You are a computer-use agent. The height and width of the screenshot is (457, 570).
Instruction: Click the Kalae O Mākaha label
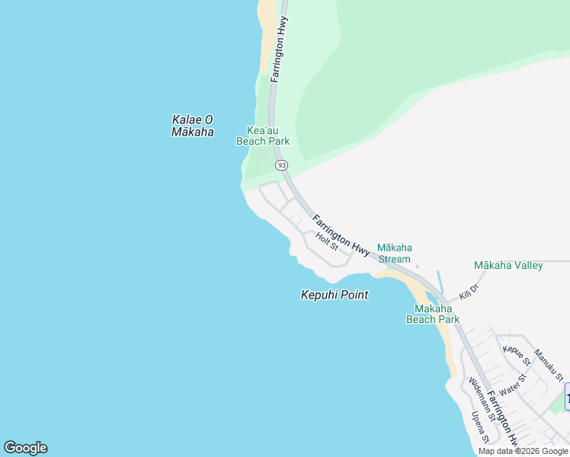pos(192,126)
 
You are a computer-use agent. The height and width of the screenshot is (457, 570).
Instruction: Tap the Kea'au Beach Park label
pos(263,136)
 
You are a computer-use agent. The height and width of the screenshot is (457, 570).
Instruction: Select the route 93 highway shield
pos(282,165)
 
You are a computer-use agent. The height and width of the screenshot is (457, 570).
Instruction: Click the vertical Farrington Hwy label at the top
pos(280,45)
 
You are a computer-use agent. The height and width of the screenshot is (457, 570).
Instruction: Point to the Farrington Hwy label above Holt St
pos(341,235)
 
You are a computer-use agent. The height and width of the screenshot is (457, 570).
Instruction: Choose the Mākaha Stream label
pos(395,254)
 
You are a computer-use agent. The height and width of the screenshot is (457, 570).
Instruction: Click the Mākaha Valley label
pos(508,266)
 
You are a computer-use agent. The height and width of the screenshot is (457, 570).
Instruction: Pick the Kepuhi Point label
pos(335,295)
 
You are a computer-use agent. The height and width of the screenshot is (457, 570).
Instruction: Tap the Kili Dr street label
pos(468,291)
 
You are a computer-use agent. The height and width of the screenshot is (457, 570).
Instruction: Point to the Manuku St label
pos(549,366)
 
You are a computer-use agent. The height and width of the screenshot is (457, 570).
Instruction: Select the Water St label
pos(513,385)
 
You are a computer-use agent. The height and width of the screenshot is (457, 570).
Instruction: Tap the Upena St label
pos(480,428)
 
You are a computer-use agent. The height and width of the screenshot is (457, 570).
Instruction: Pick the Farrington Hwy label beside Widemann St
pos(502,418)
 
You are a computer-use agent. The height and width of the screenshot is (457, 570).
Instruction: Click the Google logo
pos(25,448)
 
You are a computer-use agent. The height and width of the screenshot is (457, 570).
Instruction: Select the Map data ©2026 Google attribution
pos(524,451)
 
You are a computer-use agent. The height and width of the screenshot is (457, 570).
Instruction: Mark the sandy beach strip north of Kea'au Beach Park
pos(267,38)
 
